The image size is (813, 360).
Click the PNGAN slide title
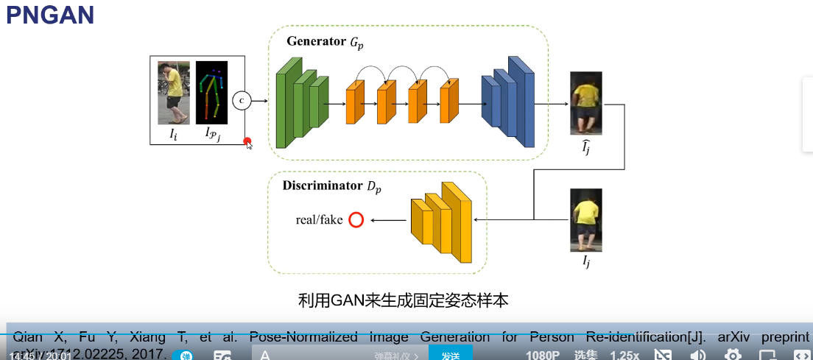pos(50,15)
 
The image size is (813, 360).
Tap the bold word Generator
pos(317,40)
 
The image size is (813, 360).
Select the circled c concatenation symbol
pos(241,101)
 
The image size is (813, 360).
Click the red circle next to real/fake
pos(356,219)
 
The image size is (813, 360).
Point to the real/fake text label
pos(319,219)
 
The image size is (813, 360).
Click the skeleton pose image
pos(211,92)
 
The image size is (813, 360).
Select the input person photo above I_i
pos(174,92)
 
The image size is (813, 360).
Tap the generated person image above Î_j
pos(586,103)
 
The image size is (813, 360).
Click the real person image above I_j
pos(586,219)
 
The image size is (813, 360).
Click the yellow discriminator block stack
pos(441,221)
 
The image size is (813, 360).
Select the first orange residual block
pos(355,103)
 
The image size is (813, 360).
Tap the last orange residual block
pos(449,103)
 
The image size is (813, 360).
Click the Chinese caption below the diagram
pos(403,300)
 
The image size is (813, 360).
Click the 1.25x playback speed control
pos(624,355)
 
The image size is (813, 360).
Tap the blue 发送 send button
pos(450,354)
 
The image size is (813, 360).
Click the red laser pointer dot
pos(247,141)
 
